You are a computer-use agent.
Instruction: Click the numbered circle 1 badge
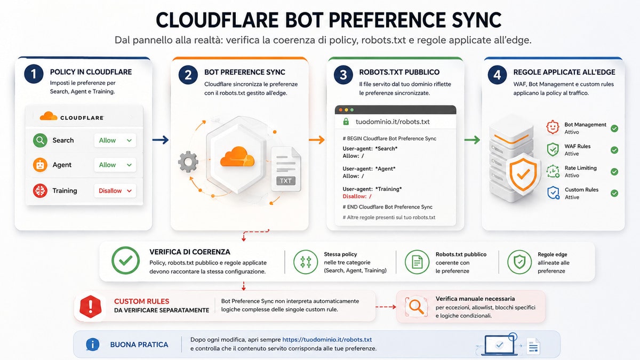[34, 74]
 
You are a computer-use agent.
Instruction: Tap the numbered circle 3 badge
[343, 75]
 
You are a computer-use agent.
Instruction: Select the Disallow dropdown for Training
[115, 190]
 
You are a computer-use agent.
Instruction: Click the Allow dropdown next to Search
[115, 140]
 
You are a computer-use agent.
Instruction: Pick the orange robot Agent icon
[40, 165]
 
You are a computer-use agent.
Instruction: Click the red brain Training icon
[40, 190]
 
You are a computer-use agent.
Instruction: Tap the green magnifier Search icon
[40, 140]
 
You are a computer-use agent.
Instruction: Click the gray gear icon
[188, 162]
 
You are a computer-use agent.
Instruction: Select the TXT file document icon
[286, 169]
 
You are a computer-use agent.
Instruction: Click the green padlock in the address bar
[346, 122]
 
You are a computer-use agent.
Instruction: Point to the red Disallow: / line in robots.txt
[357, 196]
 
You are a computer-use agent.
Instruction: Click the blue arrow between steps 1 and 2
[161, 140]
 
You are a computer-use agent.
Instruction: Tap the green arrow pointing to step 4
[472, 140]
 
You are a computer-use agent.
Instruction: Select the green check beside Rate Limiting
[614, 172]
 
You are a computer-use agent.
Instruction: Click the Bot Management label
[585, 125]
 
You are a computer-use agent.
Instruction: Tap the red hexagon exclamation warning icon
[90, 307]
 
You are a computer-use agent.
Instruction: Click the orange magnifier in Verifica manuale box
[417, 307]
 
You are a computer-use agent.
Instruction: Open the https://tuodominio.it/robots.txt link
[327, 340]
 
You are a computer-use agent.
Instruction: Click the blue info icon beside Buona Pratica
[93, 345]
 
